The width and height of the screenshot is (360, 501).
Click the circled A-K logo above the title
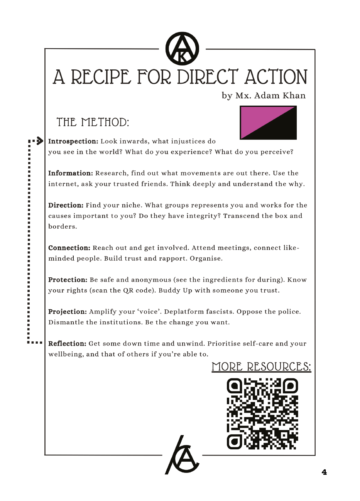tap(182, 49)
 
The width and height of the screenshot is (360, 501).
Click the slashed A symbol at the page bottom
tap(182, 455)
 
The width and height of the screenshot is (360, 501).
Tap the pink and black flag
tap(268, 123)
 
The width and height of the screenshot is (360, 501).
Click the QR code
tap(262, 414)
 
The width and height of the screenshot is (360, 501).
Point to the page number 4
tap(324, 472)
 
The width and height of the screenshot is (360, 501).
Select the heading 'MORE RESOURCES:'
tap(261, 367)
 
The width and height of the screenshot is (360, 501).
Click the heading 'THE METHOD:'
tap(93, 122)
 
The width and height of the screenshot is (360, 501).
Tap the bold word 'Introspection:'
tap(73, 142)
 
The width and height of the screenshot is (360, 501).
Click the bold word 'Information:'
tap(71, 173)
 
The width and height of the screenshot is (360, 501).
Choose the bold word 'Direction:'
tap(66, 205)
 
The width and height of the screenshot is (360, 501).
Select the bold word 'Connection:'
tap(69, 248)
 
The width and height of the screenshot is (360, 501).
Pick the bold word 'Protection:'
tap(68, 280)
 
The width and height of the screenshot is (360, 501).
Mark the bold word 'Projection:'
tap(68, 312)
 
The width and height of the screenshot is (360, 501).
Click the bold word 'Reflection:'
tap(67, 344)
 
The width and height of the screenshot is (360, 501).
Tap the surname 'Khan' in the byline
tap(294, 96)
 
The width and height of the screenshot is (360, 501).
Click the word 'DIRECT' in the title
tap(207, 77)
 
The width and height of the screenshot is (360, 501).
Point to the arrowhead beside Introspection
tap(40, 141)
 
